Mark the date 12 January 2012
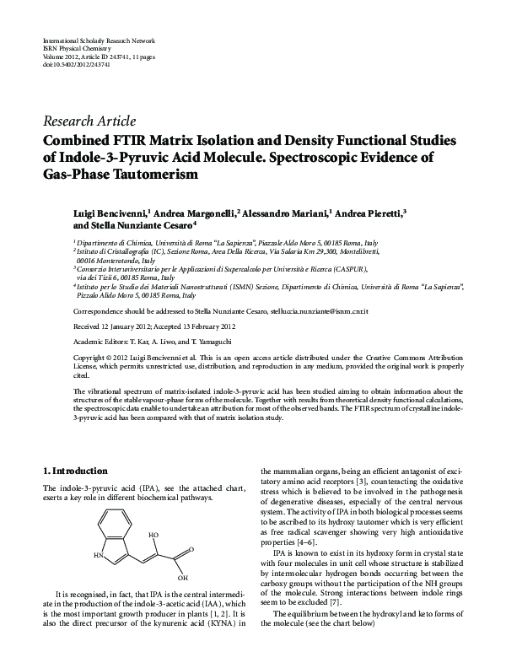(x=113, y=326)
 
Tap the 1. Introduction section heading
(x=75, y=471)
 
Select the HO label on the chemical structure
(x=153, y=535)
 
